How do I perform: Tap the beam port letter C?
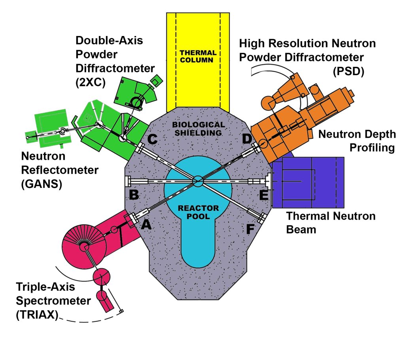(152, 139)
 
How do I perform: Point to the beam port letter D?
(247, 139)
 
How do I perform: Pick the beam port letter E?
(264, 194)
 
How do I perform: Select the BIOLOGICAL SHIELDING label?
(198, 129)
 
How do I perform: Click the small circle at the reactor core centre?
(197, 181)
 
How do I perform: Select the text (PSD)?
(349, 71)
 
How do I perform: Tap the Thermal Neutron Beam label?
(331, 222)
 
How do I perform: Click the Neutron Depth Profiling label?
(357, 141)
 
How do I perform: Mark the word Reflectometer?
(60, 171)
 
